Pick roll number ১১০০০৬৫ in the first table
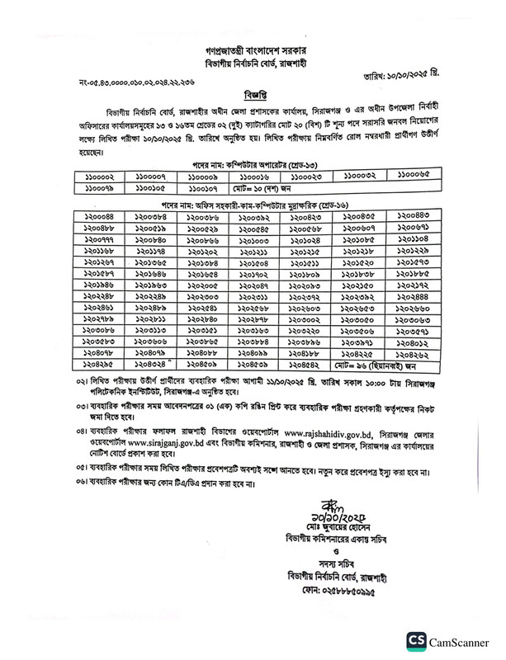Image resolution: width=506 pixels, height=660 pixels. pyautogui.click(x=409, y=176)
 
